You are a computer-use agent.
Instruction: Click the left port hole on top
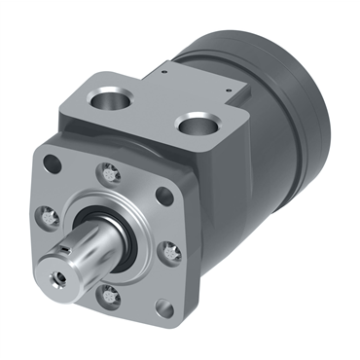tap(108, 96)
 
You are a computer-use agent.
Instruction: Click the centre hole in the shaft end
tap(63, 276)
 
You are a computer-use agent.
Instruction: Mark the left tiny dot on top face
tap(165, 69)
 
